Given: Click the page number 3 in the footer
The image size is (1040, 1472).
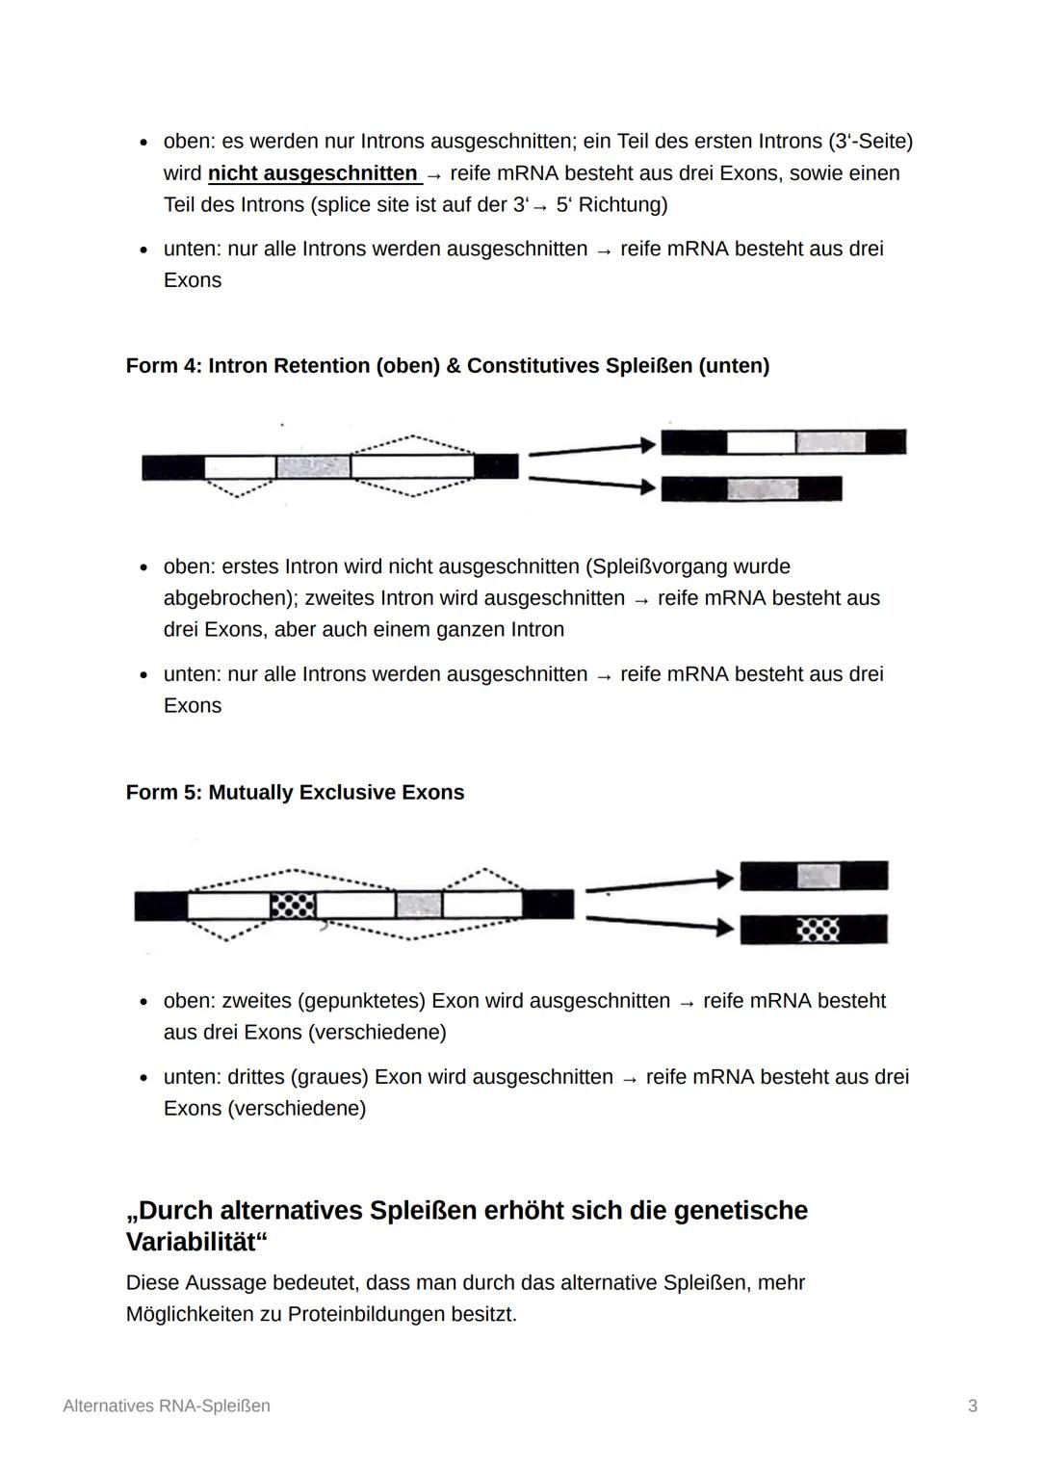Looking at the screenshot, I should (x=973, y=1406).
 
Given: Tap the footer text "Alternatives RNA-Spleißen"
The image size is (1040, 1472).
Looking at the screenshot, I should (x=167, y=1406).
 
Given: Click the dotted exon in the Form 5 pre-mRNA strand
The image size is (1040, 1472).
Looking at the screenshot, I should (x=293, y=906).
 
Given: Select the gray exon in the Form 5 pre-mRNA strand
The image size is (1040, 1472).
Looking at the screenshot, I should (x=419, y=906).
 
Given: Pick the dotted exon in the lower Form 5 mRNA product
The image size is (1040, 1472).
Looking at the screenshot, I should (x=819, y=930).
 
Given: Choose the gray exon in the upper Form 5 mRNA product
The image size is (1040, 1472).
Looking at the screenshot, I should (x=819, y=877).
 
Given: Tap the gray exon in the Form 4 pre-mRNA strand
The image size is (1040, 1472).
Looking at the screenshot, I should (x=313, y=467).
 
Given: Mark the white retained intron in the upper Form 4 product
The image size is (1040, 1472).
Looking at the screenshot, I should (x=761, y=443).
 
